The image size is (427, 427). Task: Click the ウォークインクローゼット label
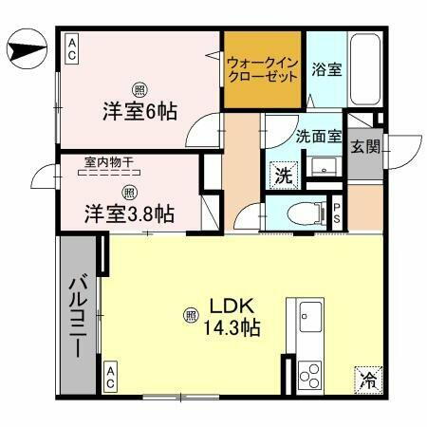point(263,69)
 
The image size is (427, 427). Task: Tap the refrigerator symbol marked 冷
point(367,381)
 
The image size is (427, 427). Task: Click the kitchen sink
point(310,316)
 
